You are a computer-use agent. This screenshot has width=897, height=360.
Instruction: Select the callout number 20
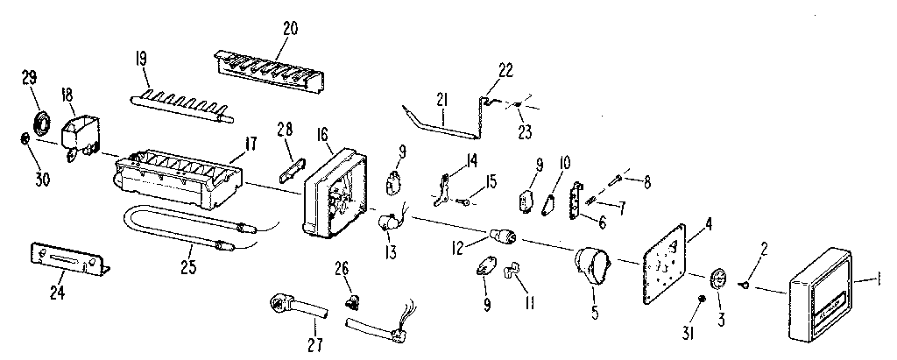tap(291, 28)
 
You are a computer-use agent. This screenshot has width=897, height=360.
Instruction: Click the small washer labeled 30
tap(27, 138)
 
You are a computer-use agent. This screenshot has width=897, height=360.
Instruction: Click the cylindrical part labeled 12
tap(503, 236)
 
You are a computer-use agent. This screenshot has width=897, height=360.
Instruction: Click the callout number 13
tap(391, 254)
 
